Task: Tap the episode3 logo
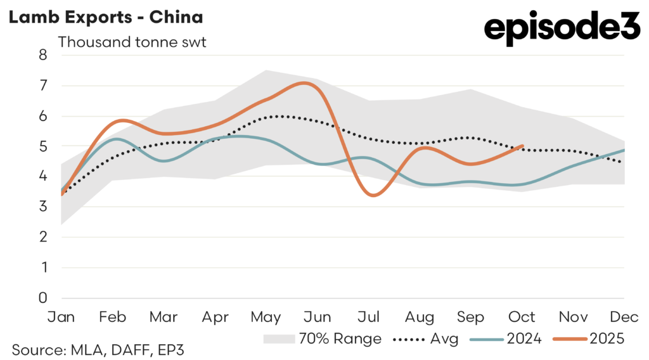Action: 562,29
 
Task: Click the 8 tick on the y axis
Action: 43,55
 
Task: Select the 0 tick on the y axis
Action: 43,298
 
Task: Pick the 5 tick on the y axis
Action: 43,146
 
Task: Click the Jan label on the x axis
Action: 61,316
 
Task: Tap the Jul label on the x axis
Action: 368,316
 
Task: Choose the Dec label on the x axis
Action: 624,316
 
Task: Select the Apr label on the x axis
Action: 215,316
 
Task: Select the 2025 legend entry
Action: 589,338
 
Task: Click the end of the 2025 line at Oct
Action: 522,146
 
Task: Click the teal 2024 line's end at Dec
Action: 624,150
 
